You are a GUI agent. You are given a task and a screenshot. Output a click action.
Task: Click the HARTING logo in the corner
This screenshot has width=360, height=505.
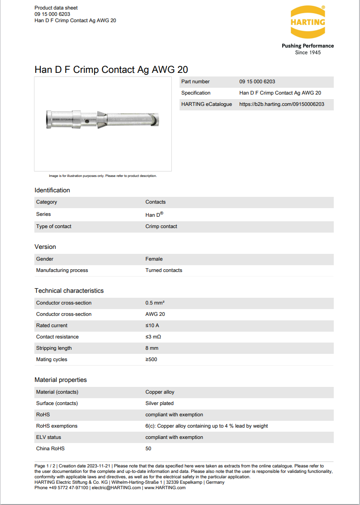click(x=308, y=22)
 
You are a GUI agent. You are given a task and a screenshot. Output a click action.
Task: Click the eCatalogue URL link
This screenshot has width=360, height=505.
click(x=281, y=104)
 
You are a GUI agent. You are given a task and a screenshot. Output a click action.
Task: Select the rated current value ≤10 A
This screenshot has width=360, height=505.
click(x=152, y=325)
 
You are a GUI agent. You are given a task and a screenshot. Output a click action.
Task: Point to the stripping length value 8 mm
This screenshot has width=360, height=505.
click(x=152, y=348)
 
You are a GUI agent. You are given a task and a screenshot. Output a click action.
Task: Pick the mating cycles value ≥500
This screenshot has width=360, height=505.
click(x=152, y=359)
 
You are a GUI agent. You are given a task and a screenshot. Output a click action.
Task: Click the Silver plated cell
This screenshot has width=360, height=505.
click(x=160, y=403)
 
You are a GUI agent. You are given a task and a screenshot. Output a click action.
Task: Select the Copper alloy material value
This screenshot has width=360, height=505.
click(x=160, y=392)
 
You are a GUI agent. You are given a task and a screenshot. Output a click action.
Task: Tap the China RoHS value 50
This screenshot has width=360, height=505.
click(x=148, y=448)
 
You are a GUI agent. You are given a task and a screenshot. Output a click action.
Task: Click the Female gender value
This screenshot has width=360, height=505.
click(x=154, y=259)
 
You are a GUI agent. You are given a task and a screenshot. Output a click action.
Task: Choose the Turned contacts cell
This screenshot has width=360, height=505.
click(x=164, y=270)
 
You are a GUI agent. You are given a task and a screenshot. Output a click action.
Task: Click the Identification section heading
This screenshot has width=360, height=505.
click(x=52, y=190)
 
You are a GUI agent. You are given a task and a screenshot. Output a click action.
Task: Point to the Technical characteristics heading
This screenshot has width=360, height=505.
click(x=69, y=291)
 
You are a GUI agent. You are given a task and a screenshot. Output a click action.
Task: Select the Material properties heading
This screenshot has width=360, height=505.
click(x=61, y=380)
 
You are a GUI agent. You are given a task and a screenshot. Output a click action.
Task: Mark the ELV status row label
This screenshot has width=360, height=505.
click(x=48, y=437)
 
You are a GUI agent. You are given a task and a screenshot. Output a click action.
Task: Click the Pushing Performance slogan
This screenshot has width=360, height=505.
click(x=308, y=46)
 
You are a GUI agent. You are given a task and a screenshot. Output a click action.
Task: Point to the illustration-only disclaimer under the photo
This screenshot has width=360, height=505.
click(x=103, y=176)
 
